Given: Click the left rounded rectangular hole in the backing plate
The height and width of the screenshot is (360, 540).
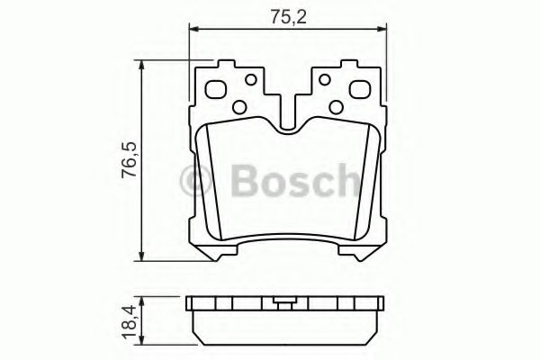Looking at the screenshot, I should point(217,90).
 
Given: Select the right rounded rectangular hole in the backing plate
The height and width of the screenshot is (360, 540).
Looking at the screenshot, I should point(357,90).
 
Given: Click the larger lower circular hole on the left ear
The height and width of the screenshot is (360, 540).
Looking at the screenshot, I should point(238,107).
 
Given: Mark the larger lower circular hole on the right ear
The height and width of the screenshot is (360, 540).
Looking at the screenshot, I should point(336,107).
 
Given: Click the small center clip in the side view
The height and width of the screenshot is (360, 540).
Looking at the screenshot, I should point(285,304).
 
